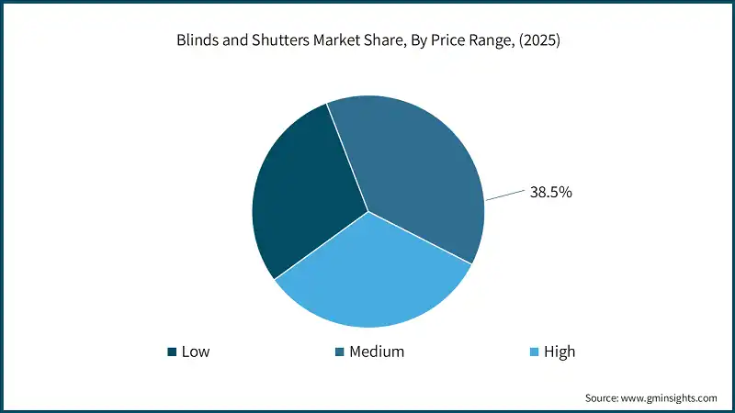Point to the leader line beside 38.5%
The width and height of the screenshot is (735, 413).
click(x=505, y=195)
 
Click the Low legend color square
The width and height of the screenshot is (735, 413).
click(x=171, y=352)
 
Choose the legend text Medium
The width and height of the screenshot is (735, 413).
click(x=377, y=352)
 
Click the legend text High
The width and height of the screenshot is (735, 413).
click(x=560, y=352)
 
